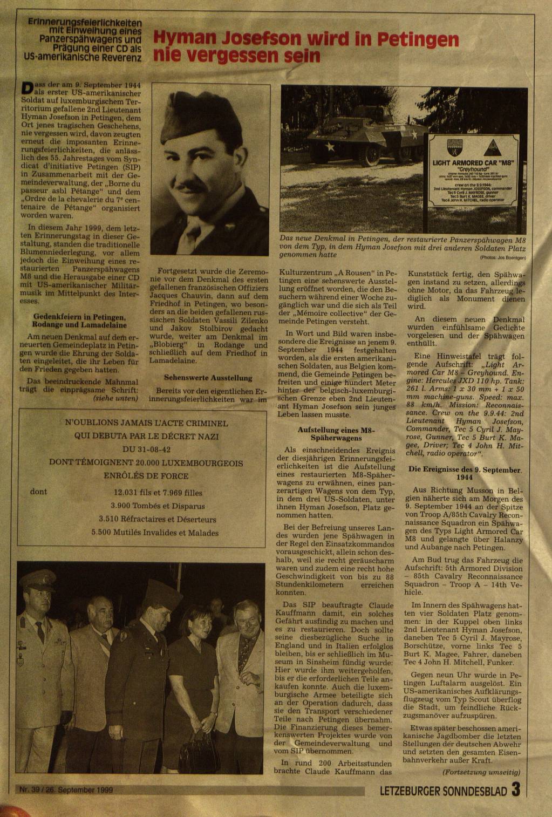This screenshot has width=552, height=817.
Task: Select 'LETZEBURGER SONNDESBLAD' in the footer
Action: coord(444,792)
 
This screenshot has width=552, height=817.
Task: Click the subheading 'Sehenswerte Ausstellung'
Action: coord(208,378)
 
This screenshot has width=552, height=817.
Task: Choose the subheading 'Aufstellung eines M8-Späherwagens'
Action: coord(336,434)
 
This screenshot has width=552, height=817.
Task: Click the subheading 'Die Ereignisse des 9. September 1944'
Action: coord(465,473)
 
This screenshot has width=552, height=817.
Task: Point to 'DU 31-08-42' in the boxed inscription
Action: coord(142,450)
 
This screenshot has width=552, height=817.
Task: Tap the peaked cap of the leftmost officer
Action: coord(37,580)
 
